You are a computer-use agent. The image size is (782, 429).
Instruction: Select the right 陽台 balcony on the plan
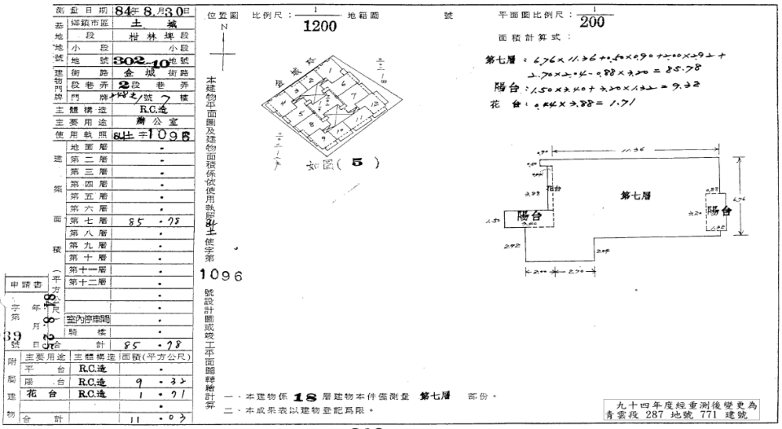pyautogui.click(x=722, y=211)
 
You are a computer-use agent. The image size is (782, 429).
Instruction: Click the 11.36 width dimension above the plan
pyautogui.click(x=627, y=151)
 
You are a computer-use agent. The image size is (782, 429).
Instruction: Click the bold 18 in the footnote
pyautogui.click(x=305, y=396)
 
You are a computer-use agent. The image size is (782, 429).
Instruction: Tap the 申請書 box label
pyautogui.click(x=25, y=286)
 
